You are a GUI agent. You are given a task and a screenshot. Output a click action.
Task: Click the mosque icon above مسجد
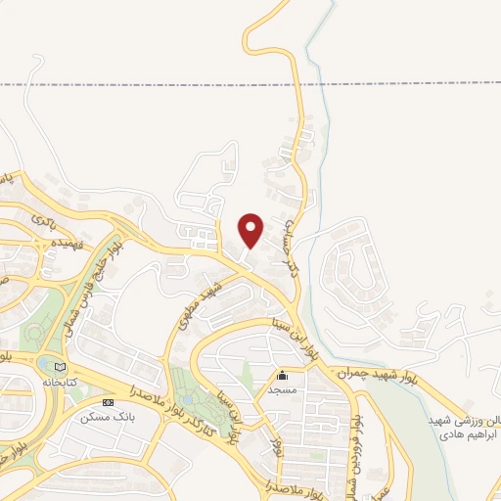click(283, 375)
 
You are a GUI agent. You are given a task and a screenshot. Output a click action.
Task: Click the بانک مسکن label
click(107, 417)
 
